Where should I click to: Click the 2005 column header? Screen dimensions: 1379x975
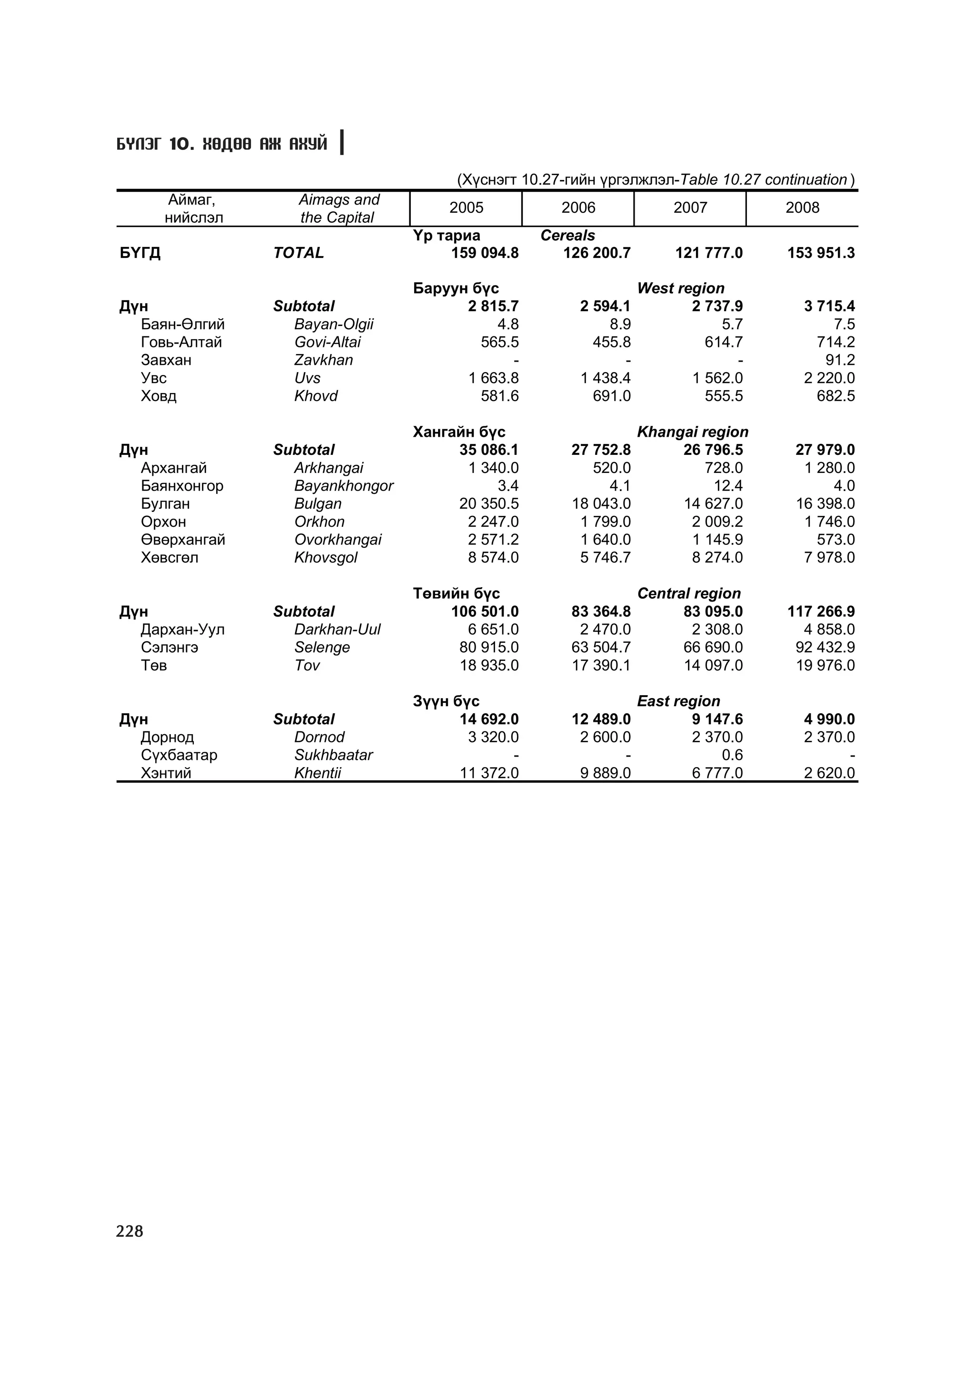click(x=466, y=208)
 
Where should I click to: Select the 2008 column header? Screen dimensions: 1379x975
click(x=802, y=208)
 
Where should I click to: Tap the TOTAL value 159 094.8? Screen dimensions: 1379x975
click(x=485, y=253)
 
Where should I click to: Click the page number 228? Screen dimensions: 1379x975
click(x=130, y=1231)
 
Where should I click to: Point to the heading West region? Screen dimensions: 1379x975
click(x=681, y=288)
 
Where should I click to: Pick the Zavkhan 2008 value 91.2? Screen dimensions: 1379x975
click(x=840, y=360)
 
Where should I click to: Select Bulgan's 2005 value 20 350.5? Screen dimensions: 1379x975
click(x=488, y=503)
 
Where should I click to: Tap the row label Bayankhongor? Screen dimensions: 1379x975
click(x=344, y=485)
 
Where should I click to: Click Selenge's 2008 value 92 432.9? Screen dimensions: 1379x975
click(x=825, y=648)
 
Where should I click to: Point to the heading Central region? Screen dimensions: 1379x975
click(x=688, y=593)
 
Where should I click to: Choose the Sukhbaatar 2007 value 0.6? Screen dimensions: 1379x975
click(x=732, y=755)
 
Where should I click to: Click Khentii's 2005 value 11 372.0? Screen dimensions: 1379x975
click(x=488, y=773)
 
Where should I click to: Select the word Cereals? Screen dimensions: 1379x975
click(x=567, y=236)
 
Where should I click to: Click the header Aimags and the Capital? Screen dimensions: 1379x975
click(x=339, y=208)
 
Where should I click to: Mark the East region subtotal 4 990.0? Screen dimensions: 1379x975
click(x=829, y=719)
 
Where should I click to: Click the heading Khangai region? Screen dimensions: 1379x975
click(x=692, y=432)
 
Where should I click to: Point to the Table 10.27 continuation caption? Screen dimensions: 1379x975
click(x=656, y=179)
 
